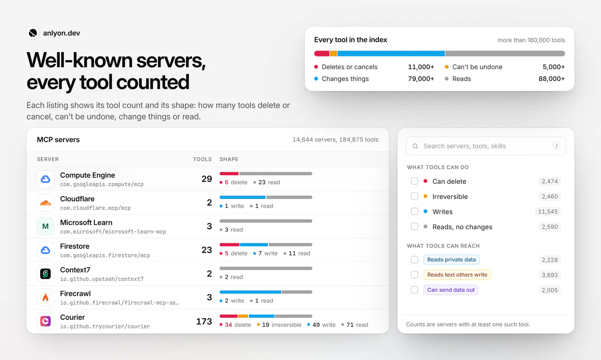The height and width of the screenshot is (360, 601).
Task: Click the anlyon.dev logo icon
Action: [x=33, y=33]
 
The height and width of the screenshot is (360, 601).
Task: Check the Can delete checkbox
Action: [x=414, y=181]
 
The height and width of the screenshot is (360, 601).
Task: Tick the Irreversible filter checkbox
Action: [x=414, y=197]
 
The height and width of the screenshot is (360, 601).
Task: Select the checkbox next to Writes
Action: [x=414, y=211]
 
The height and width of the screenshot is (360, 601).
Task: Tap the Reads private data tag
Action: [x=451, y=260]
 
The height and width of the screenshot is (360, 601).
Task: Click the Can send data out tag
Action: [x=451, y=290]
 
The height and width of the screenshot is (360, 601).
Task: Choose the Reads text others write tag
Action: [x=457, y=275]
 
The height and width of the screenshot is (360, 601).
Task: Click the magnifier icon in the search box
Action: [x=415, y=146]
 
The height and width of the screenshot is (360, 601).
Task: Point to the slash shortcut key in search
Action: [x=556, y=146]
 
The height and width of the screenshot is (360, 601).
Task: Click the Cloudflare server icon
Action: [x=45, y=203]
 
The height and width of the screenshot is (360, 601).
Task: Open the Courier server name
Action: [x=72, y=317]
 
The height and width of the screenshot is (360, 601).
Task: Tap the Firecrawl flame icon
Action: [x=45, y=297]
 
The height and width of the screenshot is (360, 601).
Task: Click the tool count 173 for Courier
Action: [x=204, y=321]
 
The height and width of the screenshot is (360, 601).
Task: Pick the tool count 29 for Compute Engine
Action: [x=207, y=179]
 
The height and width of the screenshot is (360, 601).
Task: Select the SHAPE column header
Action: [x=229, y=159]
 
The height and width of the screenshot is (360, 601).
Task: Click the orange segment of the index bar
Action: [x=333, y=54]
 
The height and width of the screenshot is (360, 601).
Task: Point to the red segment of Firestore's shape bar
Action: [x=230, y=245]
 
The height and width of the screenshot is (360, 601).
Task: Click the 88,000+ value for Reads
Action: [x=551, y=79]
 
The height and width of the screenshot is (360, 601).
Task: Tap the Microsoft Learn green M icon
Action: [x=45, y=226]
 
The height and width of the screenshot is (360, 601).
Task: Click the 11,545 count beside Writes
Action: [x=548, y=212]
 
